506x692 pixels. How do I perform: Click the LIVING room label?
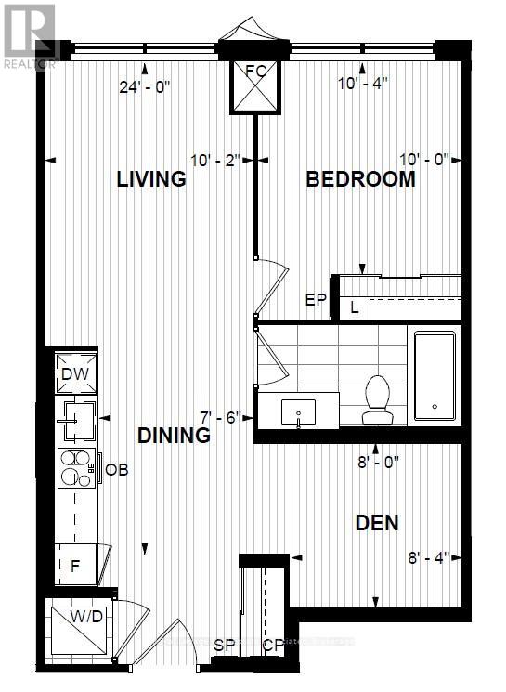tap(151, 179)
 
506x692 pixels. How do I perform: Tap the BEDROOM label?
tap(361, 179)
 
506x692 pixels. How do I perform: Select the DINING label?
tap(174, 435)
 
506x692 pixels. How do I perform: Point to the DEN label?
tap(377, 523)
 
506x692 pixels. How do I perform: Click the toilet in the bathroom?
tap(378, 399)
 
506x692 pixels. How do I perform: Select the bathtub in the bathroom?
tap(435, 377)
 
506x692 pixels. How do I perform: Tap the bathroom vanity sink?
tap(298, 410)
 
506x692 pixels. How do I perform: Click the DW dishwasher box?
tap(75, 373)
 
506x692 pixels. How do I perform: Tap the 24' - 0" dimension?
tap(143, 88)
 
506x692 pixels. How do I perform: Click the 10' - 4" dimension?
tap(363, 82)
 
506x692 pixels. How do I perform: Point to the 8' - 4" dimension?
tap(428, 557)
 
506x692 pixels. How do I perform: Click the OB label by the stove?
tap(116, 469)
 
